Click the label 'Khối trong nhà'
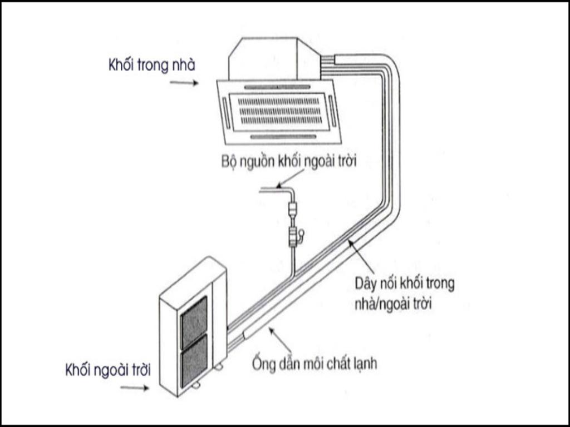click(151, 65)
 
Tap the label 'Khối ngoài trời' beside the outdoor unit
click(108, 370)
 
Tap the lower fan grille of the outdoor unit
click(194, 360)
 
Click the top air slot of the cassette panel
click(277, 87)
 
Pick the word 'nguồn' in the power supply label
click(258, 162)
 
